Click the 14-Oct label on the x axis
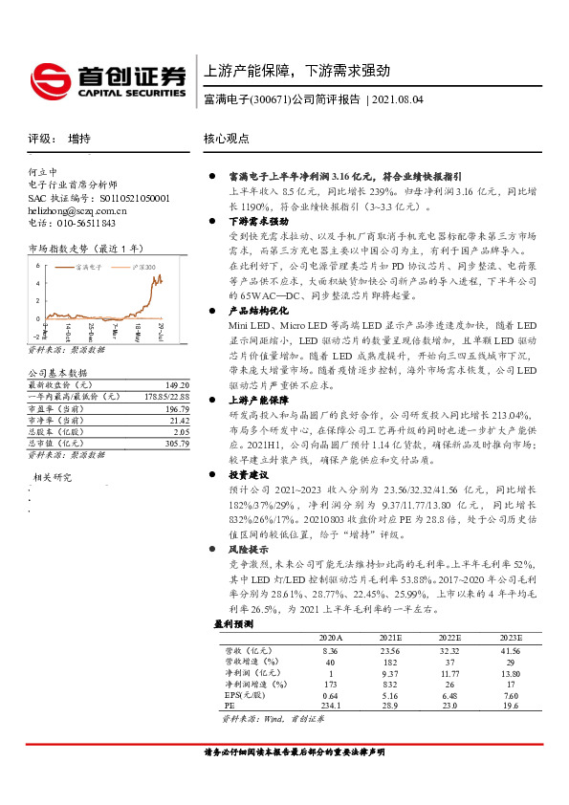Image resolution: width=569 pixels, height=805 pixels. point(70,330)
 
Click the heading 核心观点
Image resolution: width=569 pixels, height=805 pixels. point(226,140)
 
